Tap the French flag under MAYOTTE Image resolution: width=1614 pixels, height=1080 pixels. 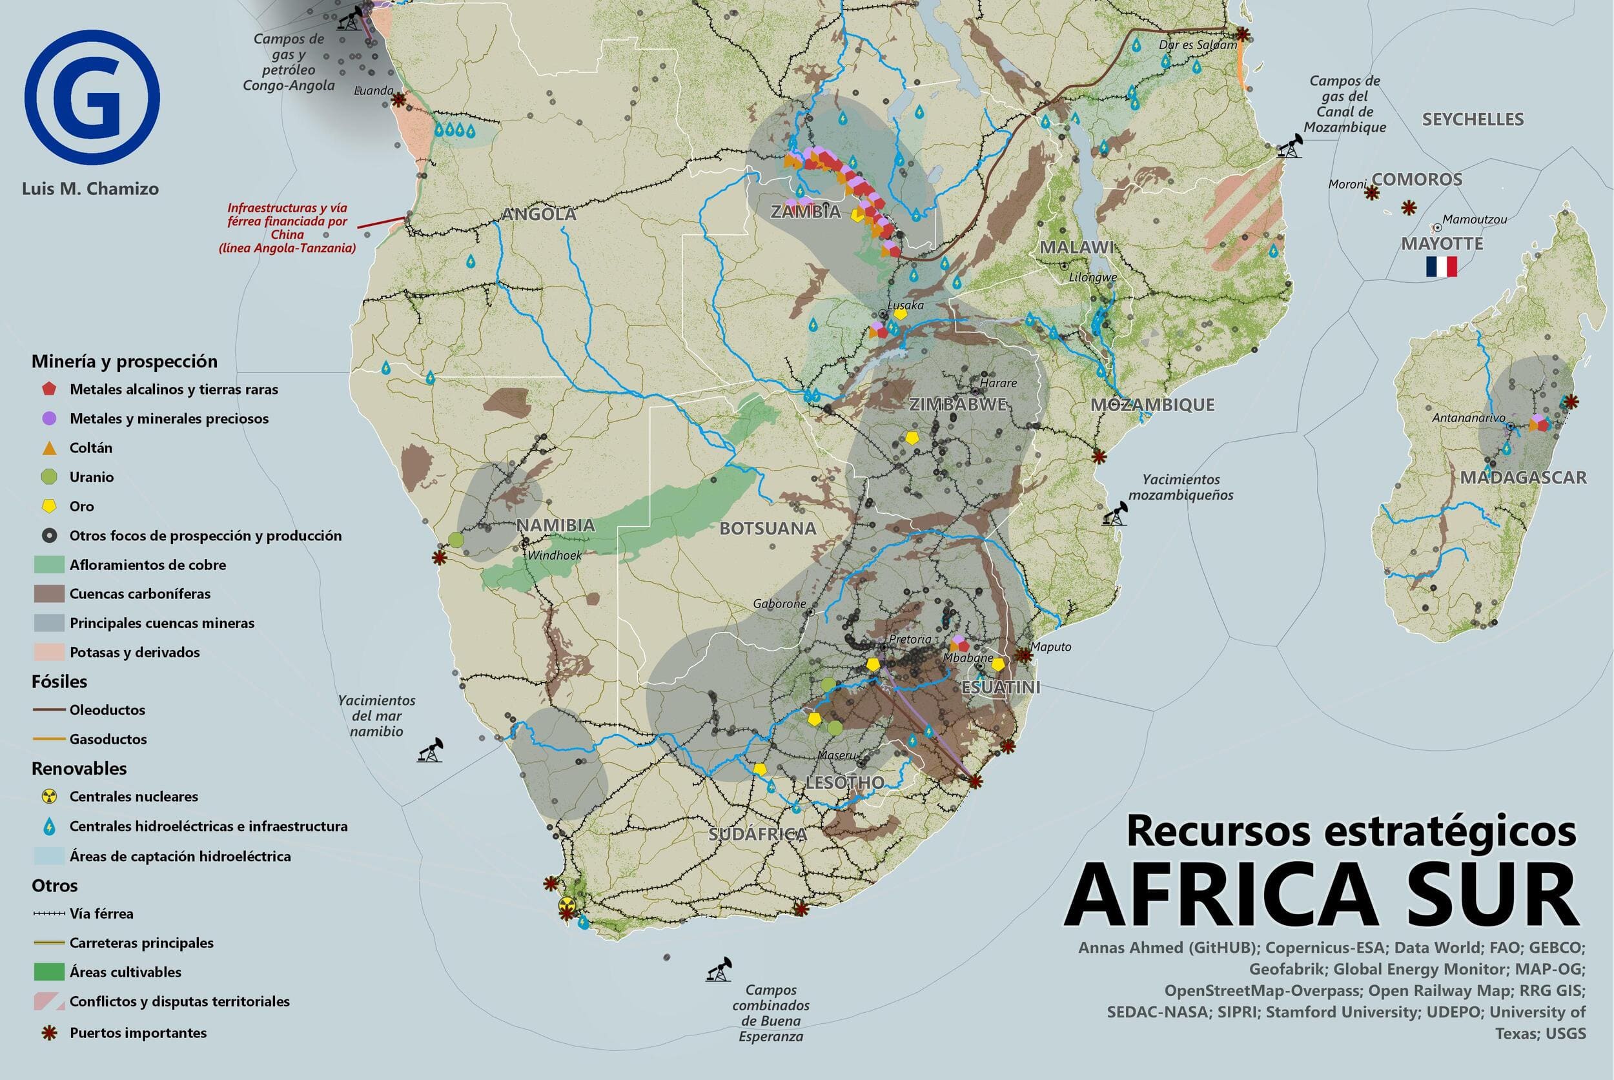pos(1441,267)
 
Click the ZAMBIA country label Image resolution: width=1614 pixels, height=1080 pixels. pos(805,212)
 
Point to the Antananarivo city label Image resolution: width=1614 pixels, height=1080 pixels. pos(1468,418)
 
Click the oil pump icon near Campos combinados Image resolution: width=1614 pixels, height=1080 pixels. pos(718,970)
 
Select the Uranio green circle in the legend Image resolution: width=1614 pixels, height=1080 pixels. pos(48,476)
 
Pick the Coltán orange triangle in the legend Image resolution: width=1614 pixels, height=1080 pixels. pos(48,448)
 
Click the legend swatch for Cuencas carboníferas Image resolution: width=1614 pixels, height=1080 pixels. pos(48,594)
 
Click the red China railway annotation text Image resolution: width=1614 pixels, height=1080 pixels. pos(287,228)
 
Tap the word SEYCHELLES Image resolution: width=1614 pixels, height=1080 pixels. pos(1472,120)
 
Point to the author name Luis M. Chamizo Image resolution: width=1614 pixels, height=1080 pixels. pos(90,188)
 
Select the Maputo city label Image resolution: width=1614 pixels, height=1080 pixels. pos(1050,647)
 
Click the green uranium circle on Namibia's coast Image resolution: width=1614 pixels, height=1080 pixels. pos(455,539)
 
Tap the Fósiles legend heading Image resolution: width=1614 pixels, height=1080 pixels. pos(59,681)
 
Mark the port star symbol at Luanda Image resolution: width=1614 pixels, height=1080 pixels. pos(398,101)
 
